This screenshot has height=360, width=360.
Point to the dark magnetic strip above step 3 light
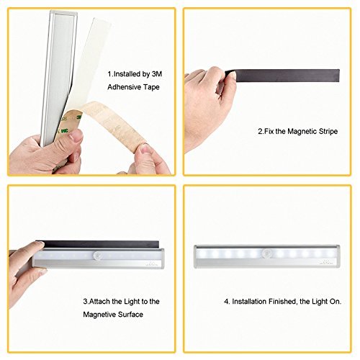click(x=101, y=245)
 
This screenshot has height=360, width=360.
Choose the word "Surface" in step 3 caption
click(x=132, y=315)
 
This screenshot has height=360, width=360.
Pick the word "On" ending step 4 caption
click(x=336, y=302)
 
